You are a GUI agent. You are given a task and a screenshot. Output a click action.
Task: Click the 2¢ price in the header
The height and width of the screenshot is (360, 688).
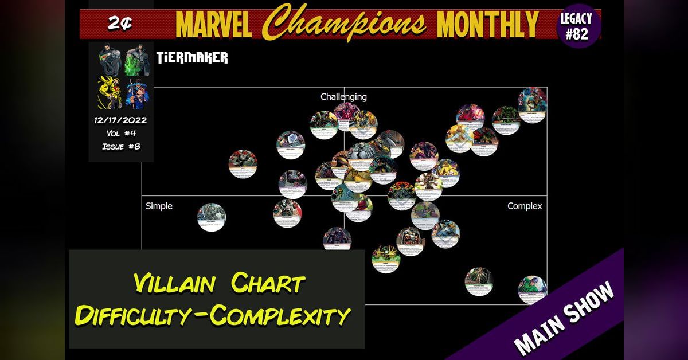tap(120, 24)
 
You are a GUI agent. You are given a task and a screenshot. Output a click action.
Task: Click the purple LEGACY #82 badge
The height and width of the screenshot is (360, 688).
tap(576, 26)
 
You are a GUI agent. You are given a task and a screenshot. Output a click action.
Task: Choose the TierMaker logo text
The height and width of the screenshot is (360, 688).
tap(191, 58)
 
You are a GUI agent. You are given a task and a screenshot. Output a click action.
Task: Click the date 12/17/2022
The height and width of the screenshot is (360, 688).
tap(121, 120)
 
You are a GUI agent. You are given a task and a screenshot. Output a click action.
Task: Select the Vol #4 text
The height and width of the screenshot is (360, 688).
tap(121, 134)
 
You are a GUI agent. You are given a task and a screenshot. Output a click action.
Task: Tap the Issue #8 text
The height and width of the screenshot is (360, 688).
tap(121, 146)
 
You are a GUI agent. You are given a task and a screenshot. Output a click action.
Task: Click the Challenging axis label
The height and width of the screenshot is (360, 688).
tap(343, 97)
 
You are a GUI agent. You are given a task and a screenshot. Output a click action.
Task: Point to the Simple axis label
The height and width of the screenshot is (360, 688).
tap(159, 206)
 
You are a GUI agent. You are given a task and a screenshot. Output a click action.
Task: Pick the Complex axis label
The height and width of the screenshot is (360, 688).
tap(525, 206)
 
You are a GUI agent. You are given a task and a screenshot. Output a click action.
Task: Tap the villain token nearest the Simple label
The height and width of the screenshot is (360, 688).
tap(212, 217)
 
